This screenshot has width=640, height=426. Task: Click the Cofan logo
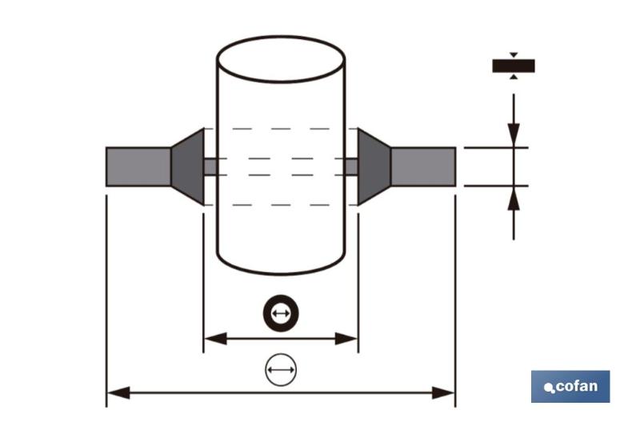coord(570,387)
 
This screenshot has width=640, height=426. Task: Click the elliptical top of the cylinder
coord(281,37)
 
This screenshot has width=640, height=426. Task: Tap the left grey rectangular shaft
coord(138,167)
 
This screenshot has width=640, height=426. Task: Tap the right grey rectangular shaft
coord(423,167)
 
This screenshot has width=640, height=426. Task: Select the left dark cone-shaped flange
coord(188,167)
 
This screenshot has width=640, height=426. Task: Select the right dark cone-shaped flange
coord(374,167)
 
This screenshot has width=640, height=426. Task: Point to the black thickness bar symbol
coord(514,66)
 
